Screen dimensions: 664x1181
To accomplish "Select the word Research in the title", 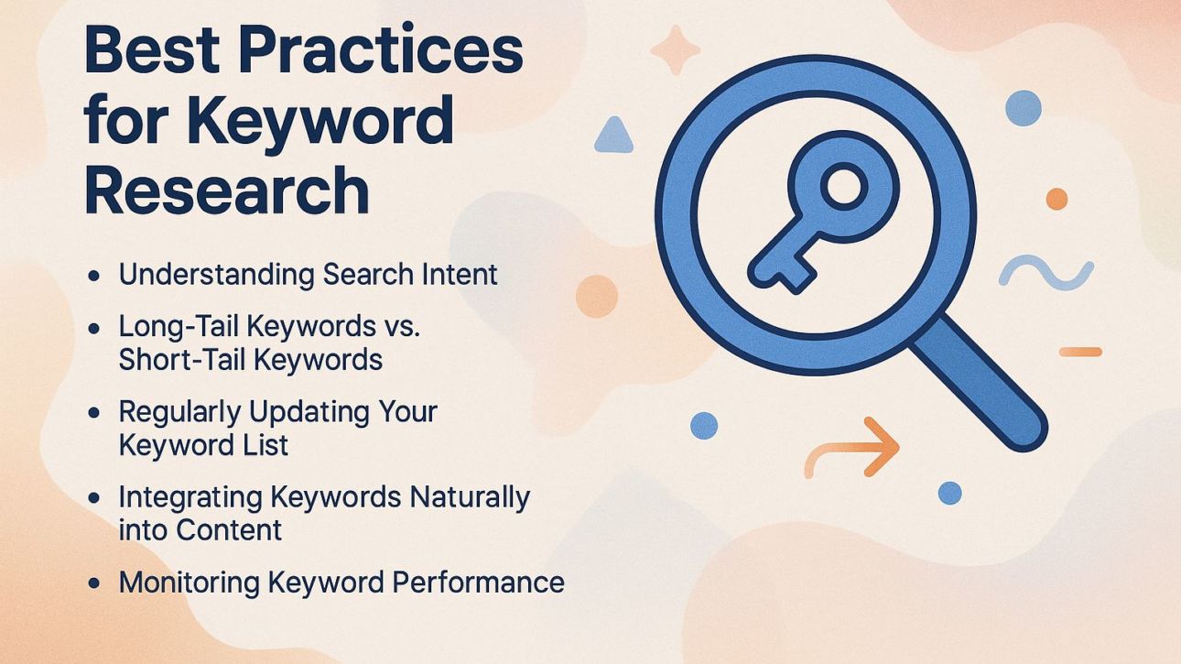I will tap(226, 190).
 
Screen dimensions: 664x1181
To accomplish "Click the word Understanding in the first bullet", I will tap(217, 275).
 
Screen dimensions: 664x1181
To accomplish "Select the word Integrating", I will tap(190, 497).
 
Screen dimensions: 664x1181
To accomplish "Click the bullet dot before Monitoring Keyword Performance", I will tap(94, 583).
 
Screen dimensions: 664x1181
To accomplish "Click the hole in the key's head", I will tap(841, 187).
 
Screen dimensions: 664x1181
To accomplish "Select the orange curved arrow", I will tap(851, 448).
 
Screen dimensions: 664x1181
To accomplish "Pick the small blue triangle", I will tap(613, 136).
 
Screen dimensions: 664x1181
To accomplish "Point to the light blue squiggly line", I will tap(1046, 273).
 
